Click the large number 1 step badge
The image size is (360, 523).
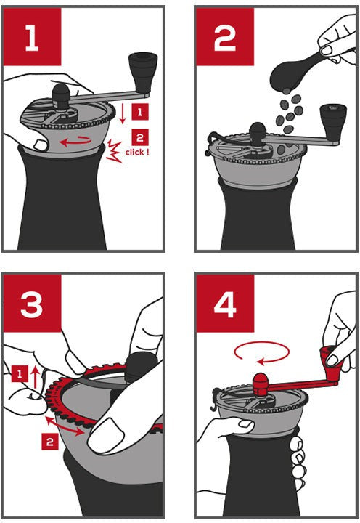pos(32,36)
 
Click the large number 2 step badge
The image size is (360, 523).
pos(225,36)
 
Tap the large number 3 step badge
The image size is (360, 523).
pos(32,303)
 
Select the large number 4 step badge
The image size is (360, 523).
pos(225,303)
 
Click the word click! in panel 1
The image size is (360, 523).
pos(137,153)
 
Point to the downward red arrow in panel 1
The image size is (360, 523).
pos(123,113)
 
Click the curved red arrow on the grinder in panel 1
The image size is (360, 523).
pos(75,142)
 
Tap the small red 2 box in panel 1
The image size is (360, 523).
pos(140,137)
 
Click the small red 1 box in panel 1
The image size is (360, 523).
pos(140,112)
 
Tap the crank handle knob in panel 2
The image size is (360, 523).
pos(332,122)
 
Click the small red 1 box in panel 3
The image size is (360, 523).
pos(20,374)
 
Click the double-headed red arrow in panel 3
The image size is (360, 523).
pos(65,426)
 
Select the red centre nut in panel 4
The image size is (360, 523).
pos(261,384)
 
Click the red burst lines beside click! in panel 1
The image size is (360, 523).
pos(114,151)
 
